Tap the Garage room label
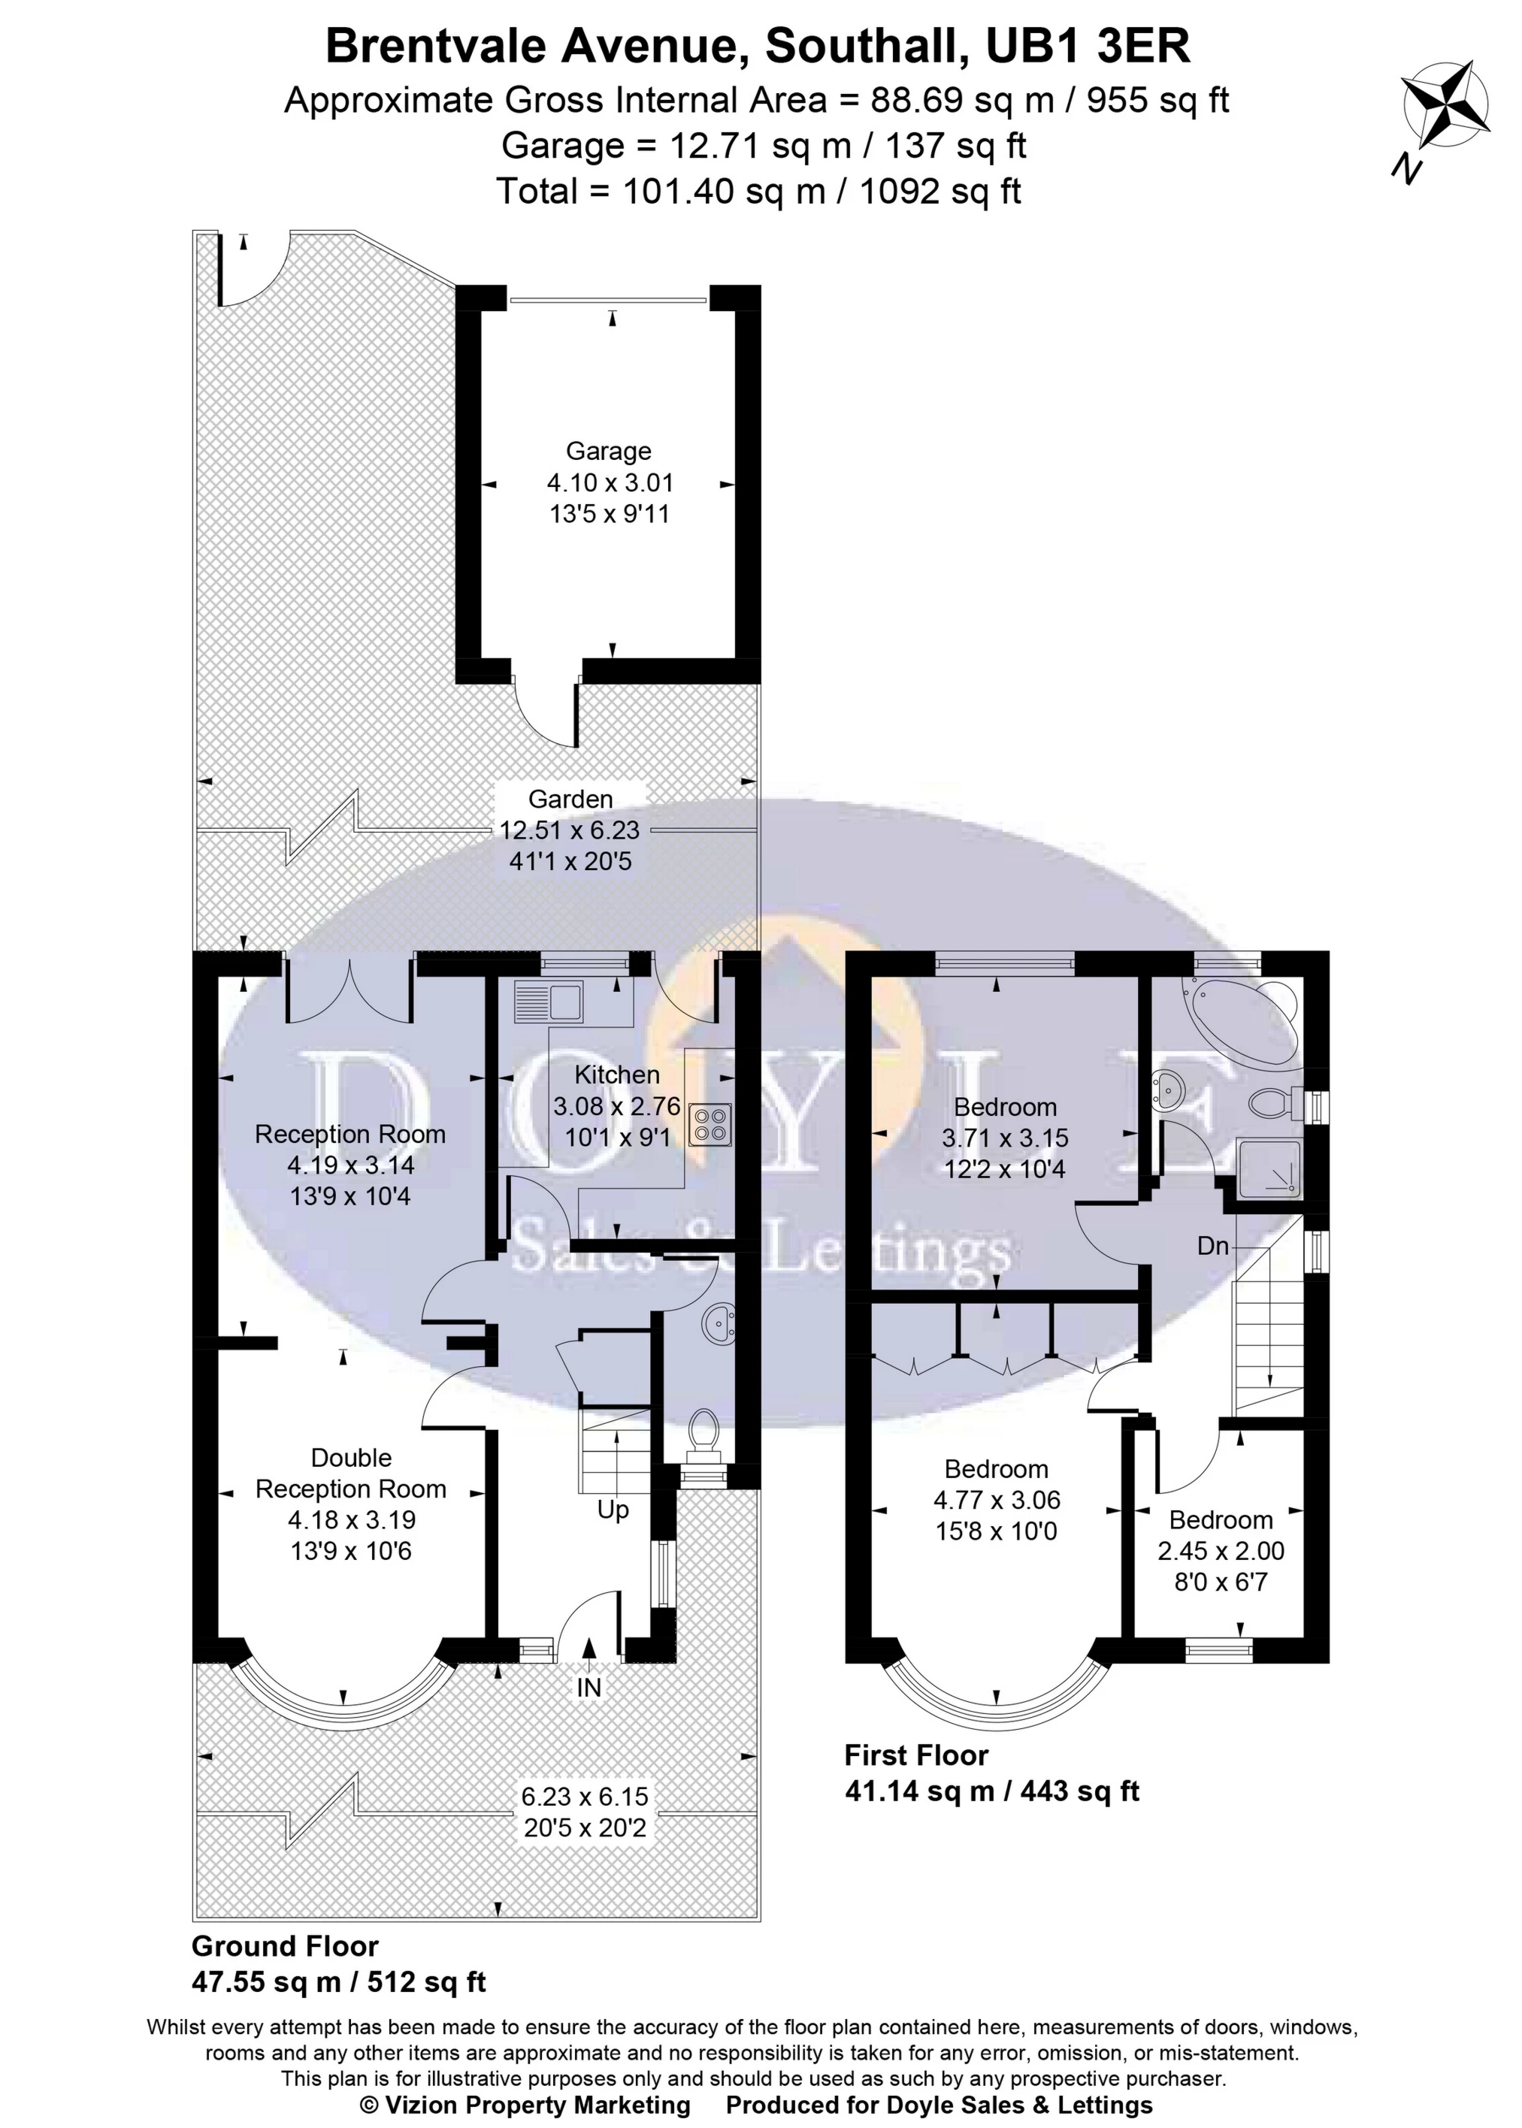(608, 452)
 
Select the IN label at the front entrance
(589, 1688)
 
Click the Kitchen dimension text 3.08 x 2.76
(616, 1107)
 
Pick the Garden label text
(570, 800)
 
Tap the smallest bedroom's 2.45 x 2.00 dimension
(1220, 1552)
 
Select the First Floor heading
(915, 1754)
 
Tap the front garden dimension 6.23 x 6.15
(585, 1797)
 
